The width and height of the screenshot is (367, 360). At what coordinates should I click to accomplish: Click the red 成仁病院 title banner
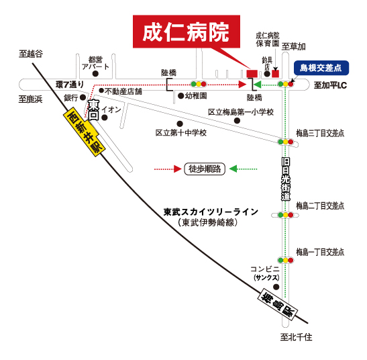[187, 32]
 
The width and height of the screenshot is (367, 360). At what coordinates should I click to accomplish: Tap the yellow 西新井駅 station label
[84, 131]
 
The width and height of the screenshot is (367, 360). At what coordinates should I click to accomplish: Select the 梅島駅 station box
[278, 304]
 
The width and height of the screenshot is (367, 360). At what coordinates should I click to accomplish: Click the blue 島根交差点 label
[321, 68]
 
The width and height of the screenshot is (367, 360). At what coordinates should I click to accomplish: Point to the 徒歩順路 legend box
[205, 169]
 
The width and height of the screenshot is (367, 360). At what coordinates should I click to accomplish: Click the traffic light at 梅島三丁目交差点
[285, 142]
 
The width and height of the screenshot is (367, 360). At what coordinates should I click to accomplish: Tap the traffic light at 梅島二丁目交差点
[285, 215]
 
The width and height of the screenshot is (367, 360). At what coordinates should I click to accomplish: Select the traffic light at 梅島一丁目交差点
[285, 260]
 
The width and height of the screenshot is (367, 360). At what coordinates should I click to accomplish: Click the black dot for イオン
[105, 118]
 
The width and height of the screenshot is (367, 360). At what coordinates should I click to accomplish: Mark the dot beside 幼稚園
[180, 95]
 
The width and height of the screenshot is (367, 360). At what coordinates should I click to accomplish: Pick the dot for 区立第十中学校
[180, 124]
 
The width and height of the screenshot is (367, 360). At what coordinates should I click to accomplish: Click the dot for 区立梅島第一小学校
[237, 121]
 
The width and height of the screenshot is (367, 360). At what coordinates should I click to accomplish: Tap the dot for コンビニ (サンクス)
[276, 287]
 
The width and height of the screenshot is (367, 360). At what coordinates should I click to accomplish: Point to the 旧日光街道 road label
[286, 179]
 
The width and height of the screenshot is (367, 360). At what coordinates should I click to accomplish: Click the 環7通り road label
[70, 85]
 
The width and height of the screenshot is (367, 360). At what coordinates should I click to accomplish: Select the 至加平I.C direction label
[330, 85]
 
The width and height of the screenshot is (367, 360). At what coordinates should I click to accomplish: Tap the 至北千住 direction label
[296, 337]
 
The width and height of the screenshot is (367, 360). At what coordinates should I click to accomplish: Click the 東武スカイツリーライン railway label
[211, 212]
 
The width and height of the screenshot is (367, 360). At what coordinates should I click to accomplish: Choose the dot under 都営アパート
[95, 74]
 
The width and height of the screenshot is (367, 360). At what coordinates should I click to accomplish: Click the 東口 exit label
[94, 110]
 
